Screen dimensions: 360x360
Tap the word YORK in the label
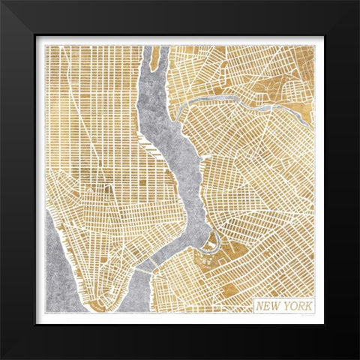296,306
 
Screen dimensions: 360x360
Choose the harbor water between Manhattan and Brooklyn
135,296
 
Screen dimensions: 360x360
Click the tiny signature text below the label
307,318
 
